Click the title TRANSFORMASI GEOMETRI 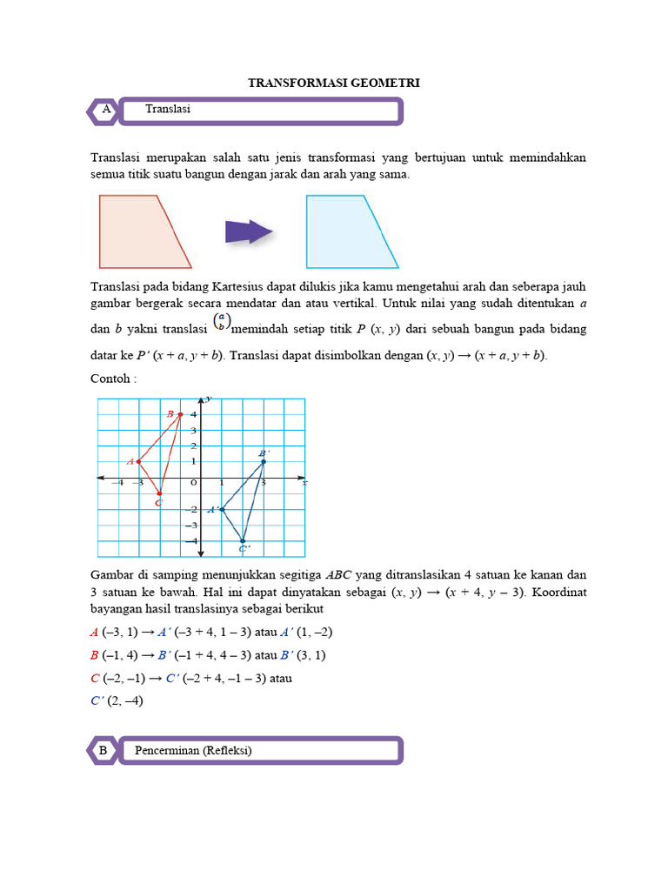334,83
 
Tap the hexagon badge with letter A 105,111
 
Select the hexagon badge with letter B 103,750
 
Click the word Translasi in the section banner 168,110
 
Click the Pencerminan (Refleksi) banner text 193,750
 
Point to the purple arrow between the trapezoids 249,231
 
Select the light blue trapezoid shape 347,231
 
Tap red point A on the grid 138,461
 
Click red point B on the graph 180,414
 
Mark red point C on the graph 159,493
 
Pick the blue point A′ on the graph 222,510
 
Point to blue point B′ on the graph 264,461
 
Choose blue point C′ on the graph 243,541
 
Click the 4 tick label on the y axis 194,414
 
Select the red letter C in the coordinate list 95,678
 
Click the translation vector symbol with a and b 223,323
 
